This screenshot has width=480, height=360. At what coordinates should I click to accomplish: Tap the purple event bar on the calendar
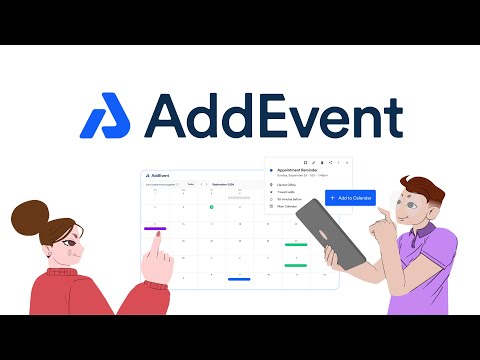pos(156,229)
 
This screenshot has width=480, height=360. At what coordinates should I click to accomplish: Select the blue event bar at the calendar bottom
pos(238,279)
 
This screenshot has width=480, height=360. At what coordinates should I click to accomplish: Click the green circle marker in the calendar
pos(211,207)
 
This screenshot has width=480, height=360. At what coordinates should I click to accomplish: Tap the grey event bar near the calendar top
pos(239,198)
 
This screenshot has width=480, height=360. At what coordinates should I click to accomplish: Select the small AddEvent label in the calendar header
pos(156,175)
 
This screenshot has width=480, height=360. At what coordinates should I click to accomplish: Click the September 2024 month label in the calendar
pos(224,184)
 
